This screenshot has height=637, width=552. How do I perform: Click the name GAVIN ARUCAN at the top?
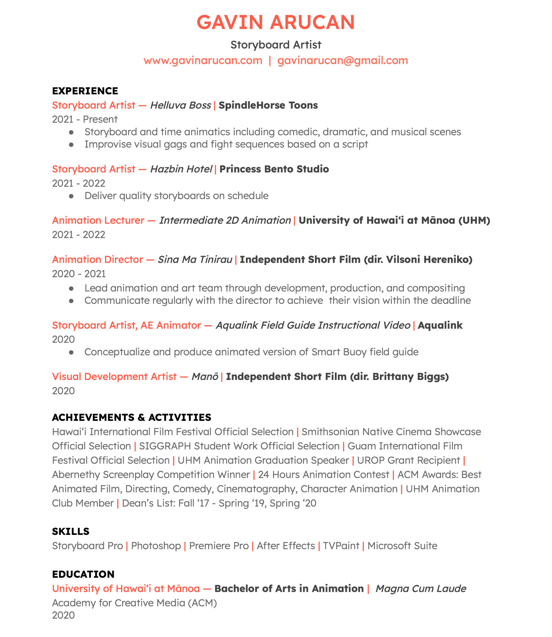point(276,22)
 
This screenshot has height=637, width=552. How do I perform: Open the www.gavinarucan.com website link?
point(203,60)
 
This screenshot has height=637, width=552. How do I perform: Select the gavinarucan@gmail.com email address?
point(343,60)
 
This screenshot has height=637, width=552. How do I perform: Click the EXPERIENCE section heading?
point(85,91)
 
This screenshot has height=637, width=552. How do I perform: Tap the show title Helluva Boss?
point(181,105)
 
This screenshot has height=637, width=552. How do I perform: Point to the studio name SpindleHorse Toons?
point(268,105)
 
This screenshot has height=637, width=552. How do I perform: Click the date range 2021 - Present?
point(85,119)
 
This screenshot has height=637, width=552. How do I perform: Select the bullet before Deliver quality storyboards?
point(71,196)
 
